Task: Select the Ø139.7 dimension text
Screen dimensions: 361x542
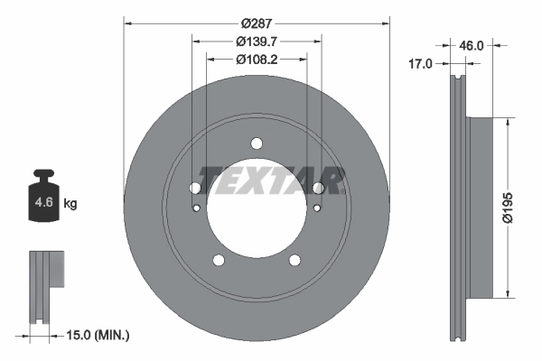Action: (x=256, y=41)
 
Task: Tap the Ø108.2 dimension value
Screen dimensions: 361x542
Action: (x=256, y=60)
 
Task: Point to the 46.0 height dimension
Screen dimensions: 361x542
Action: (x=473, y=44)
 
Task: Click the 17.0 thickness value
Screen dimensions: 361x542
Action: (x=421, y=63)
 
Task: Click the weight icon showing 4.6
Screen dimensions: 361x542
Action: (x=43, y=196)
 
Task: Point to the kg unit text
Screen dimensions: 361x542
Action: (x=70, y=204)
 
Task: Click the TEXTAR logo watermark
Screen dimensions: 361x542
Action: (x=271, y=180)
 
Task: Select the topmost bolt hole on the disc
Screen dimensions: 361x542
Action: (x=257, y=143)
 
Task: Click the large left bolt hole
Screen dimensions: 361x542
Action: (x=195, y=188)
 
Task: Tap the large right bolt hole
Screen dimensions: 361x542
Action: (x=317, y=188)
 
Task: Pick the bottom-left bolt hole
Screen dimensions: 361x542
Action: (x=219, y=260)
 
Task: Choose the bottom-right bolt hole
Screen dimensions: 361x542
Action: (x=294, y=260)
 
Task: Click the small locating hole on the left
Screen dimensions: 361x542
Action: (x=198, y=209)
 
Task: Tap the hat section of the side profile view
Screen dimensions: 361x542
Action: (x=480, y=208)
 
